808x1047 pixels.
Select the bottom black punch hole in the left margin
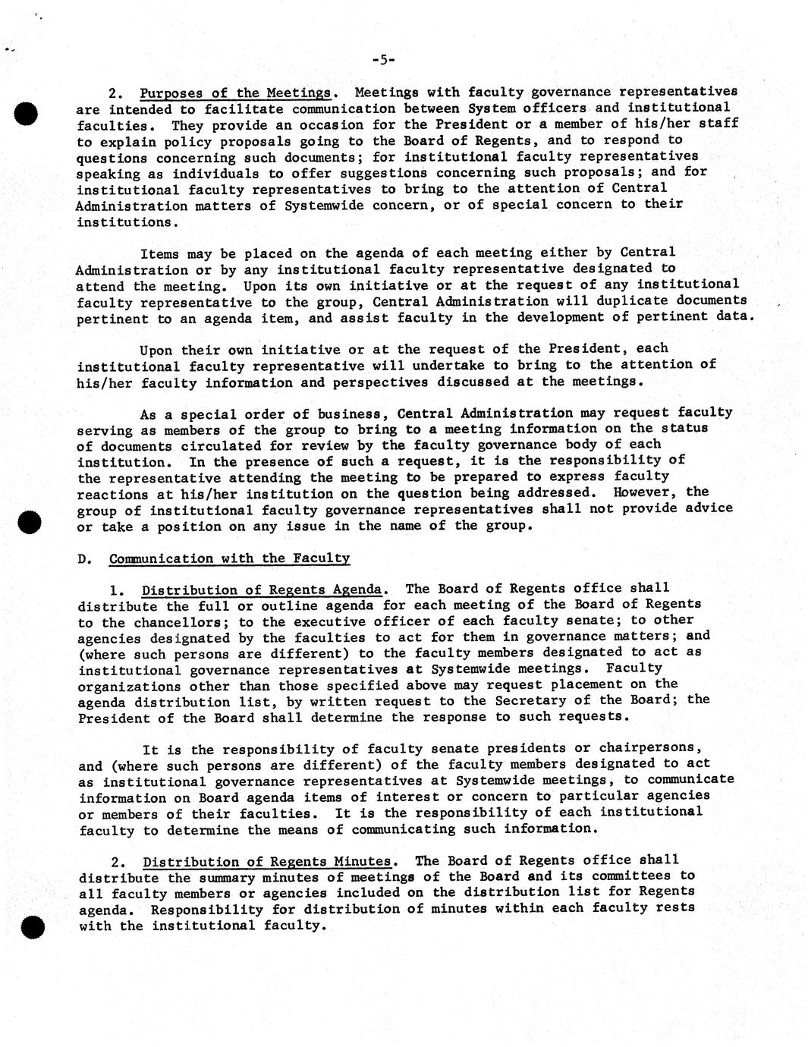(x=31, y=928)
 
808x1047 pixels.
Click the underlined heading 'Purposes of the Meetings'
(x=236, y=93)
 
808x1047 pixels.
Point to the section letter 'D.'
(x=85, y=559)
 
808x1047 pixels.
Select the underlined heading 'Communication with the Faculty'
(x=229, y=559)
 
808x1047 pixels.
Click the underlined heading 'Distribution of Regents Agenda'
(x=262, y=590)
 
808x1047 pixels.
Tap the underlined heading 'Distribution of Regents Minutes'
(x=268, y=862)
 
